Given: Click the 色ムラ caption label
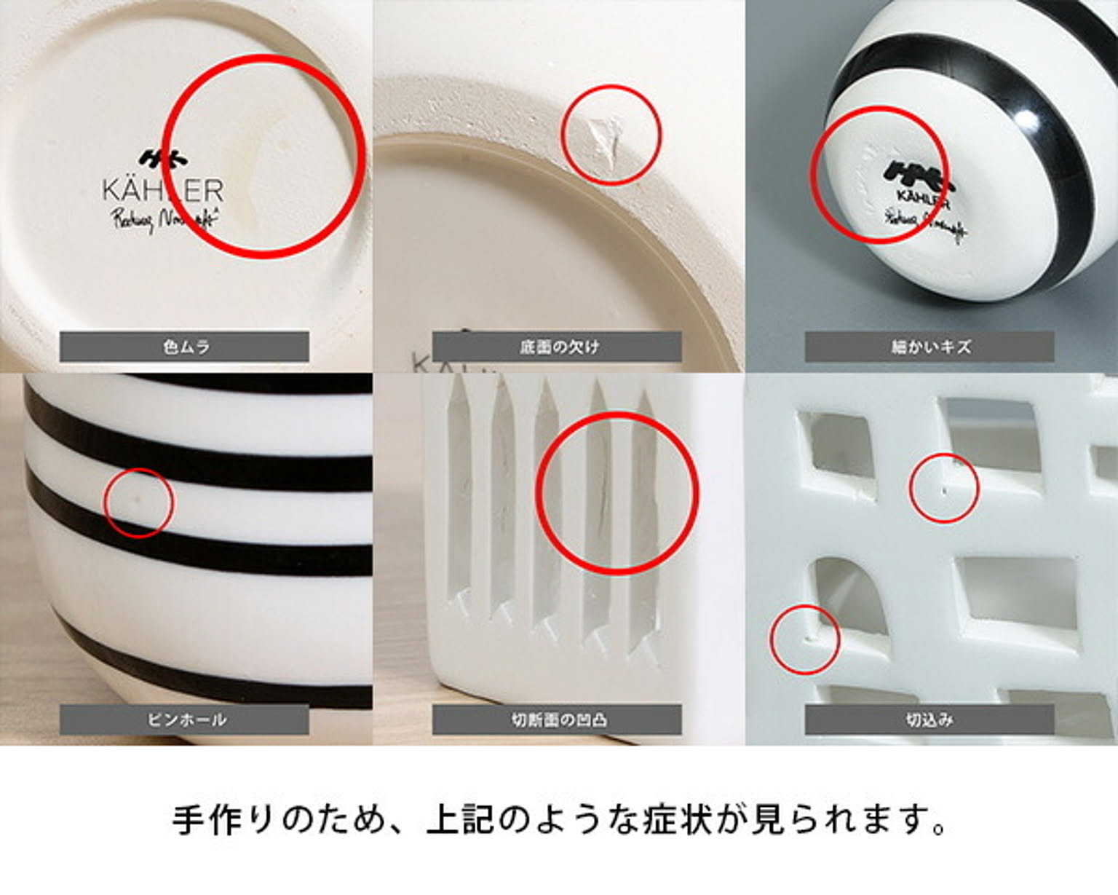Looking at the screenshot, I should coord(184,347).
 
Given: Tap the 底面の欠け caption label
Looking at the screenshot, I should coord(557,347).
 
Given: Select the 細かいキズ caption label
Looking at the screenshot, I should coord(929,347).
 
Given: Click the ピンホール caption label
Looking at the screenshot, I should coord(184,719).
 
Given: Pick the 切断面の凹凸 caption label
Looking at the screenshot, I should coord(557,719).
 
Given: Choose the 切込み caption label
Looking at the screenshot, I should coord(929,719).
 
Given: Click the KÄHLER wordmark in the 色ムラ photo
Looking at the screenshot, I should coord(162,191).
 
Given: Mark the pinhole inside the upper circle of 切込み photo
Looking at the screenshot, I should coord(944,490).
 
